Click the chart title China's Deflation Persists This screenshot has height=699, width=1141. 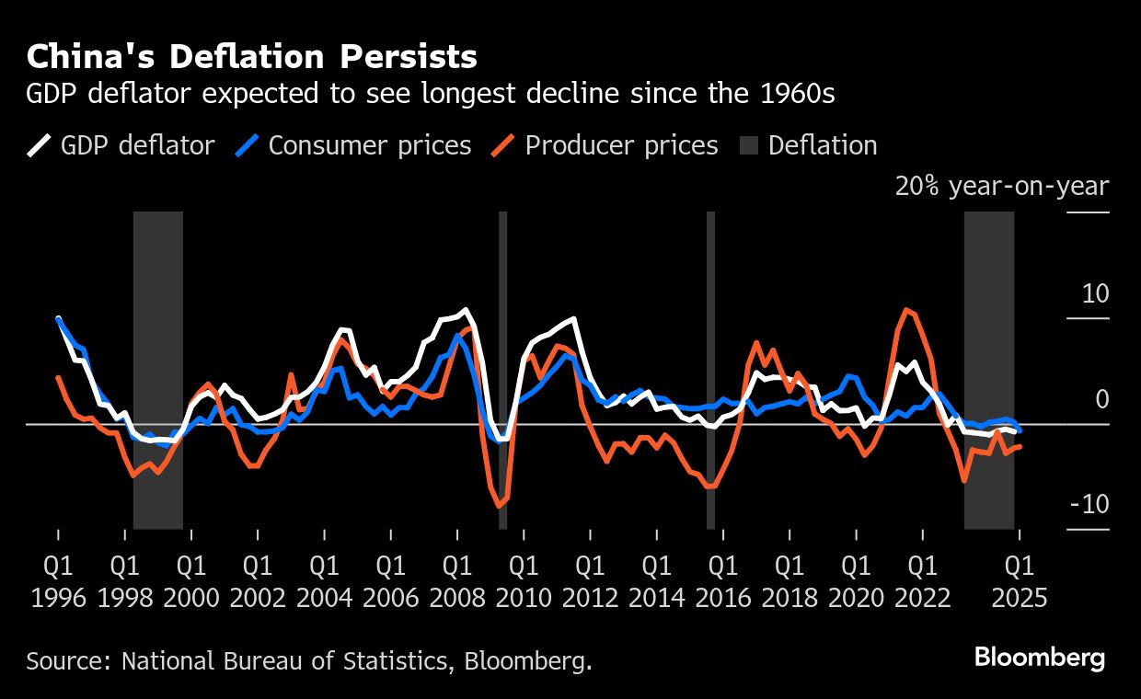point(251,57)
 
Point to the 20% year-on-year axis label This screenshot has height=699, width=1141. point(1001,187)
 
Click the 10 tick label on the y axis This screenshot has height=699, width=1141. point(1095,294)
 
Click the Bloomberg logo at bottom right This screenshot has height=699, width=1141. point(1039,658)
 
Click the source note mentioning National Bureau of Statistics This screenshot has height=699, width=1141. point(308,660)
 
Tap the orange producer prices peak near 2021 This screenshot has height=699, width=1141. point(907,310)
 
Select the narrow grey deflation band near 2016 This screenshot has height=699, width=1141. point(710,370)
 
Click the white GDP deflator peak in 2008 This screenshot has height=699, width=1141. point(466,310)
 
